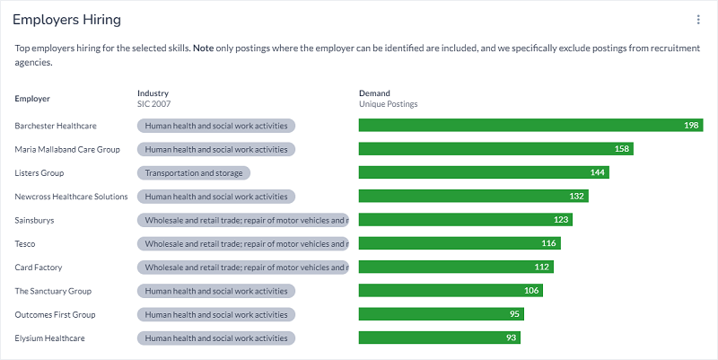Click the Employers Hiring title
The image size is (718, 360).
coord(66,20)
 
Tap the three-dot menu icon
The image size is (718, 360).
coord(698,20)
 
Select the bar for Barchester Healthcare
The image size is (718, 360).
coord(530,126)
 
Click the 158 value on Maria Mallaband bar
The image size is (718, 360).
coord(621,149)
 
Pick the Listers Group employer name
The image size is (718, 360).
coord(39,172)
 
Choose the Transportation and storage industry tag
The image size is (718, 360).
coord(194,172)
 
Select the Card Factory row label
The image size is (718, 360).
coord(39,267)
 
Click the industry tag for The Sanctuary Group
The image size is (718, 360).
coord(216,291)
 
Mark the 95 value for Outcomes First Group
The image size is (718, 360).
coord(515,314)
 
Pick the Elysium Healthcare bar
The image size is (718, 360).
coord(439,338)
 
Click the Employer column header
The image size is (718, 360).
coord(32,98)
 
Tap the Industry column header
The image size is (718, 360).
coord(153,93)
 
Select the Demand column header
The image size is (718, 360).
coord(374,93)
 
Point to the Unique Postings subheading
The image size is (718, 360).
coord(388,104)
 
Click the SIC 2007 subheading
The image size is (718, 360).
coord(155,104)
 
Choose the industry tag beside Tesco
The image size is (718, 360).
coord(242,243)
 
